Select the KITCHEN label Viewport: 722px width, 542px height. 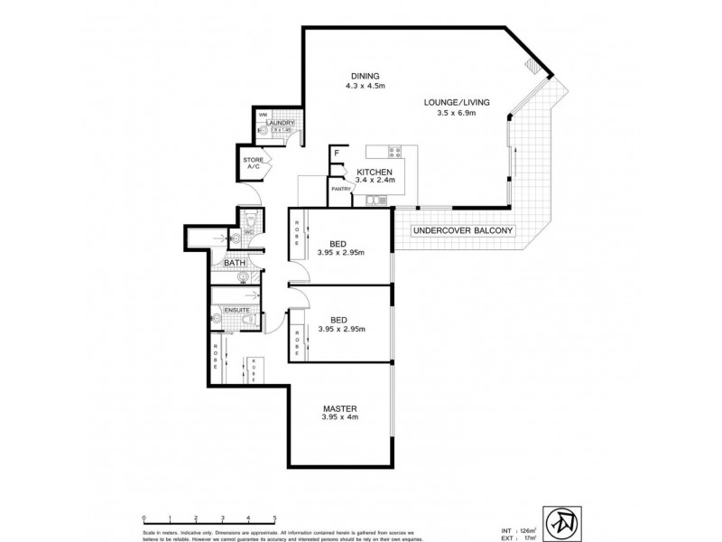pos(374,172)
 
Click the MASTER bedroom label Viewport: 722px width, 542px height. pos(338,408)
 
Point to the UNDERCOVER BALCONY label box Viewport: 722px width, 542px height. pos(462,231)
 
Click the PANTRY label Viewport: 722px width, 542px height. pos(339,189)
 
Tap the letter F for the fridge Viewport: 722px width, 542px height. pos(336,154)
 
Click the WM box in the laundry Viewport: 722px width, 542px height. pos(263,115)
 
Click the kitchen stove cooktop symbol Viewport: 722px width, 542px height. pos(393,150)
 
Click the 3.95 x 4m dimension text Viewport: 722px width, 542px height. pos(338,418)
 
